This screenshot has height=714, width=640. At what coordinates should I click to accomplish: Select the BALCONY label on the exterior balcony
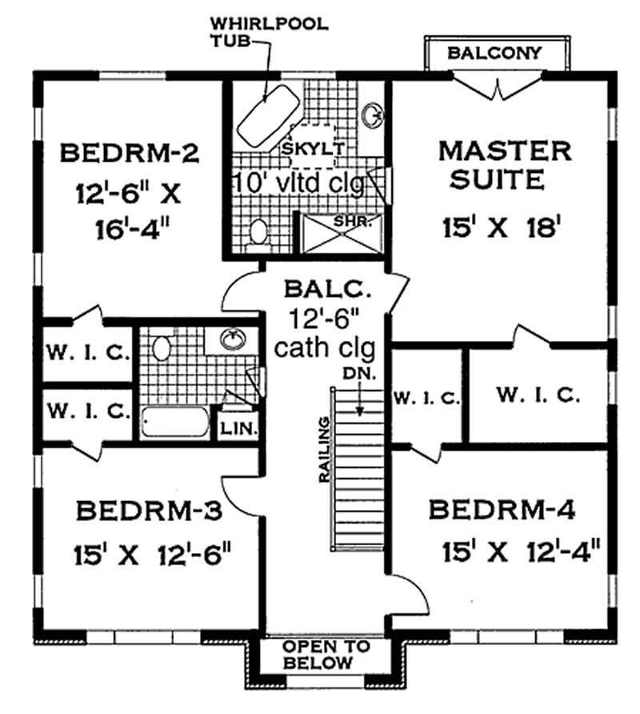[494, 54]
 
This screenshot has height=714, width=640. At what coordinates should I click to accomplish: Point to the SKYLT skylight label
[313, 149]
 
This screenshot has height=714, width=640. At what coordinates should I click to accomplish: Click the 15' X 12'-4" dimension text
[521, 552]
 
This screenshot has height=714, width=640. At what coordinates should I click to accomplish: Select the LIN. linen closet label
[238, 428]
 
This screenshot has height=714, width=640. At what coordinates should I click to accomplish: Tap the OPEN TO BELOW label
[326, 655]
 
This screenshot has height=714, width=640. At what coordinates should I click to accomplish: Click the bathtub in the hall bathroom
[174, 420]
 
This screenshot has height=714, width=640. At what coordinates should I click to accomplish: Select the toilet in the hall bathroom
[162, 348]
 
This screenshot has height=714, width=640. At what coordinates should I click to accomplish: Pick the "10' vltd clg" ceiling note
[298, 183]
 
